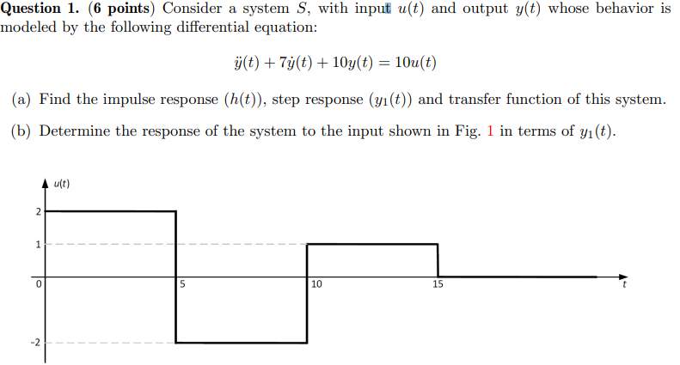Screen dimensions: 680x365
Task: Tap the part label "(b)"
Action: (22, 132)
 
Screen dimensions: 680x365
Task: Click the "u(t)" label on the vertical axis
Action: (61, 183)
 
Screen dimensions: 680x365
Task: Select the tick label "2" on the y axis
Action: (37, 210)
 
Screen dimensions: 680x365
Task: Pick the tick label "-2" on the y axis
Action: (35, 343)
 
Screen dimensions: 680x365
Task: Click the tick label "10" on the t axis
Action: (316, 284)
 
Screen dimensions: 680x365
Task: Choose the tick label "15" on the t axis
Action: (438, 284)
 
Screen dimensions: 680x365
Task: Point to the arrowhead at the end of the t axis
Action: (624, 277)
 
